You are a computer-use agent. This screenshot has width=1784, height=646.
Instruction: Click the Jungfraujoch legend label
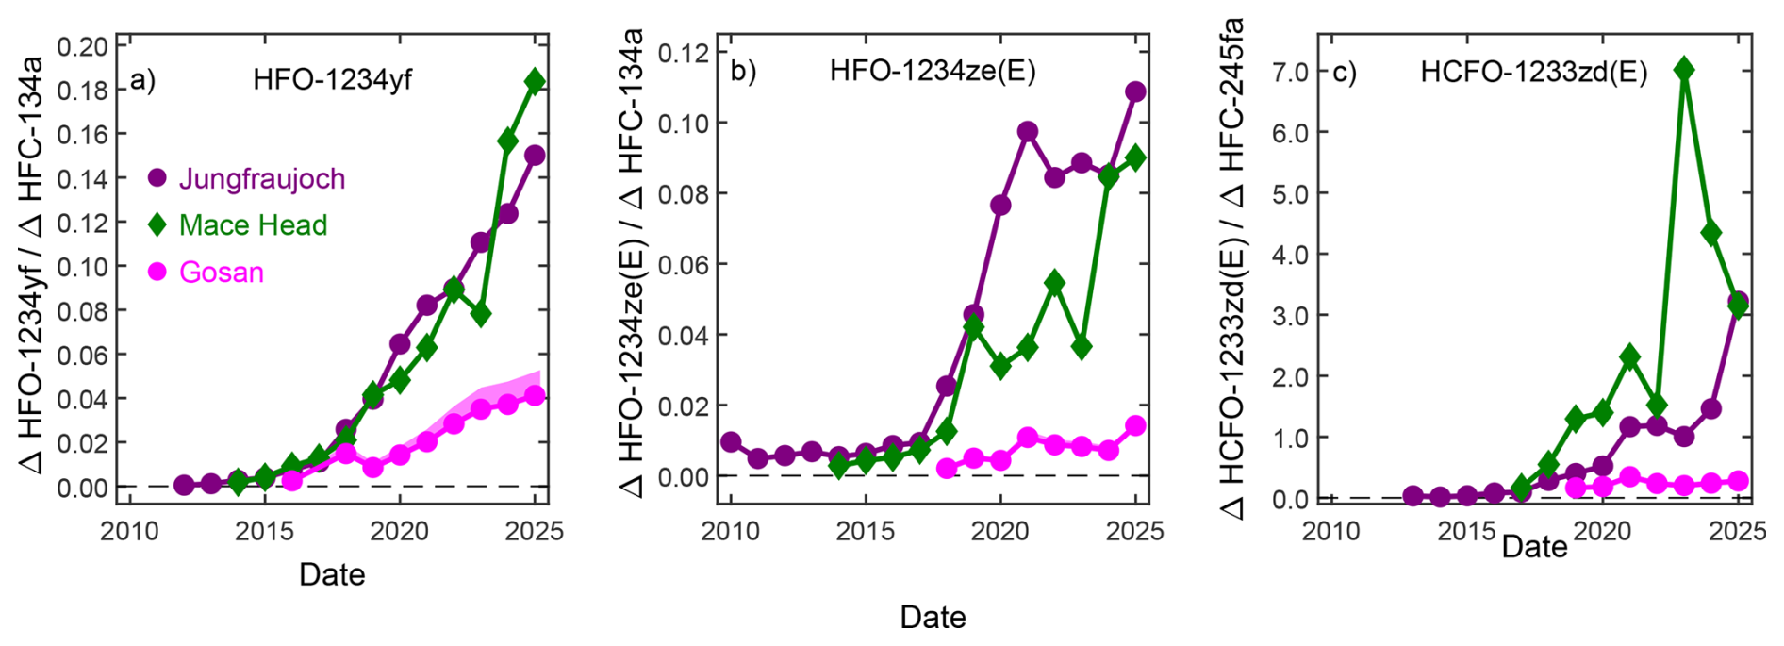click(x=262, y=178)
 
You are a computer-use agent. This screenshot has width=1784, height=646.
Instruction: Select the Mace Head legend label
click(x=253, y=225)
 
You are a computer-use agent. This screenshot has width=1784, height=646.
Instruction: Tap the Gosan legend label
click(x=222, y=273)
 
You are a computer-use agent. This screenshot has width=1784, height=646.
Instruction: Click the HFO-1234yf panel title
click(x=332, y=79)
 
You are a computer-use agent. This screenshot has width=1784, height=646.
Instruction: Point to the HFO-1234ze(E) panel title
click(x=933, y=72)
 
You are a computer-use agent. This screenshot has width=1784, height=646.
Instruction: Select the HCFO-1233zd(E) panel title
click(x=1534, y=73)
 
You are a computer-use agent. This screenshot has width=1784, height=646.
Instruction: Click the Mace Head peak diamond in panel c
click(x=1684, y=69)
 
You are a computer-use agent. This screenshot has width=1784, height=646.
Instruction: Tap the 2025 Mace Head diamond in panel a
click(x=535, y=80)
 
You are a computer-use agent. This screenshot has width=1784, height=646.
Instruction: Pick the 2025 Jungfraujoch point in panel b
click(x=1135, y=91)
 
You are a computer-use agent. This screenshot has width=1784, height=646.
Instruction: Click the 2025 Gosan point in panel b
click(x=1135, y=425)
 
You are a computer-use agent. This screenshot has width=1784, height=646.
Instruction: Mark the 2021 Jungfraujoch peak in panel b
click(x=1028, y=131)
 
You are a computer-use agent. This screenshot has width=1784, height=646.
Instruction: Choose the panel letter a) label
click(x=143, y=80)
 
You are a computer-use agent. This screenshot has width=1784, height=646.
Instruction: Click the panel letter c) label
click(x=1344, y=73)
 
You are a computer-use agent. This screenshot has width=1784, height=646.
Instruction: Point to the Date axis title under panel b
click(x=933, y=617)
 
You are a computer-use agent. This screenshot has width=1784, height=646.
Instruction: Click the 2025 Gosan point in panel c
click(x=1738, y=481)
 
